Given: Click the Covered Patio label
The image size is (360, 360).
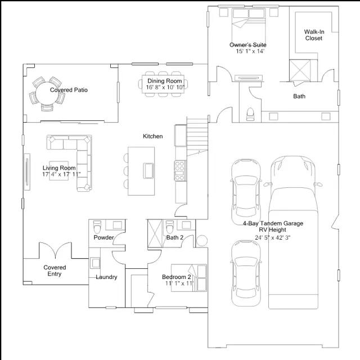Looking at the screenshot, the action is pyautogui.click(x=69, y=90).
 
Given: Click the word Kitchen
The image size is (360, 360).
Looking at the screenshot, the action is pyautogui.click(x=152, y=136).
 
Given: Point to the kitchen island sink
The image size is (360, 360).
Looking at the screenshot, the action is pyautogui.click(x=148, y=170).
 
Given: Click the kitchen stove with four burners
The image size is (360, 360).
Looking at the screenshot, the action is pyautogui.click(x=180, y=170).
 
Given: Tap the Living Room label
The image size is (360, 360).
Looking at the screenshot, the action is pyautogui.click(x=59, y=168).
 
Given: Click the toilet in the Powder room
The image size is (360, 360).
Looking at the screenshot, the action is pyautogui.click(x=97, y=227).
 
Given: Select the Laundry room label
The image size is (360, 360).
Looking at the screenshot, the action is pyautogui.click(x=106, y=277).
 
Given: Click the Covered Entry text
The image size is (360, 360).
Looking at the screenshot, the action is pyautogui.click(x=55, y=271).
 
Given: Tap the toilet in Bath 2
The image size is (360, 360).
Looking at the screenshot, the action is pyautogui.click(x=170, y=227).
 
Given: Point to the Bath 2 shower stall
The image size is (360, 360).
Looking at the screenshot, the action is pyautogui.click(x=155, y=233).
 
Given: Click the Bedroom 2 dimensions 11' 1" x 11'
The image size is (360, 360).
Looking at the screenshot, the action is pyautogui.click(x=179, y=283).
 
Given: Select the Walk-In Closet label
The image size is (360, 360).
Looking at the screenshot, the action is pyautogui.click(x=314, y=35).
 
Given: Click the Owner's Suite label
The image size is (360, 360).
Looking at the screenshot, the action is pyautogui.click(x=248, y=45).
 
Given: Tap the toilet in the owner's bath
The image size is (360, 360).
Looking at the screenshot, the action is pyautogui.click(x=250, y=114).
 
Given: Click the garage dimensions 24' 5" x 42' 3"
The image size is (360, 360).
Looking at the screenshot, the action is pyautogui.click(x=272, y=237).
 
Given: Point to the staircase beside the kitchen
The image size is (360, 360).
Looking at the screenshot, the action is pyautogui.click(x=197, y=137).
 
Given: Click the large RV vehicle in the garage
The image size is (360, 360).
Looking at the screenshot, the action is pyautogui.click(x=293, y=232).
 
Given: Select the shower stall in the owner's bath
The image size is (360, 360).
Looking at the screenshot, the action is pyautogui.click(x=300, y=70).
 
